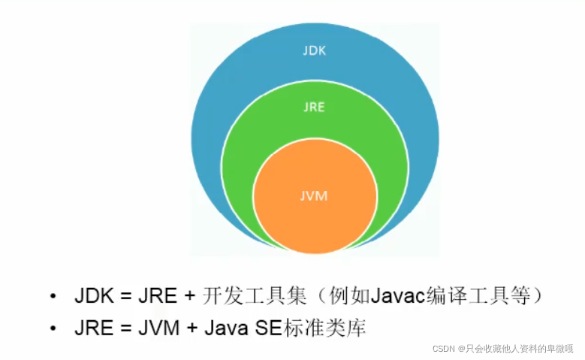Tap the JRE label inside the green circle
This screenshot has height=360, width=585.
click(x=315, y=107)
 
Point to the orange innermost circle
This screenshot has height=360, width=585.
click(x=315, y=218)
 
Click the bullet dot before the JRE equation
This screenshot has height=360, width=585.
click(x=53, y=328)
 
